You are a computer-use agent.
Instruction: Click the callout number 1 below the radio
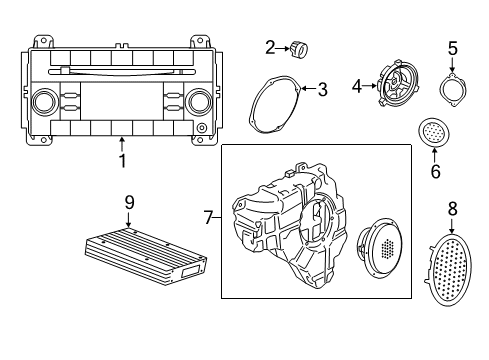[x=122, y=160]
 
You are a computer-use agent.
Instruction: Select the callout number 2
[x=270, y=46]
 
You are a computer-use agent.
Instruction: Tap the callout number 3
[x=322, y=90]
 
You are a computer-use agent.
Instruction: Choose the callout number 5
[x=452, y=47]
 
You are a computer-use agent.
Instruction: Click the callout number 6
[x=435, y=171]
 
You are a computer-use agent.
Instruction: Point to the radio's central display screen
[x=121, y=102]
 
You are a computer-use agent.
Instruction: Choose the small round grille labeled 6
[x=432, y=132]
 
